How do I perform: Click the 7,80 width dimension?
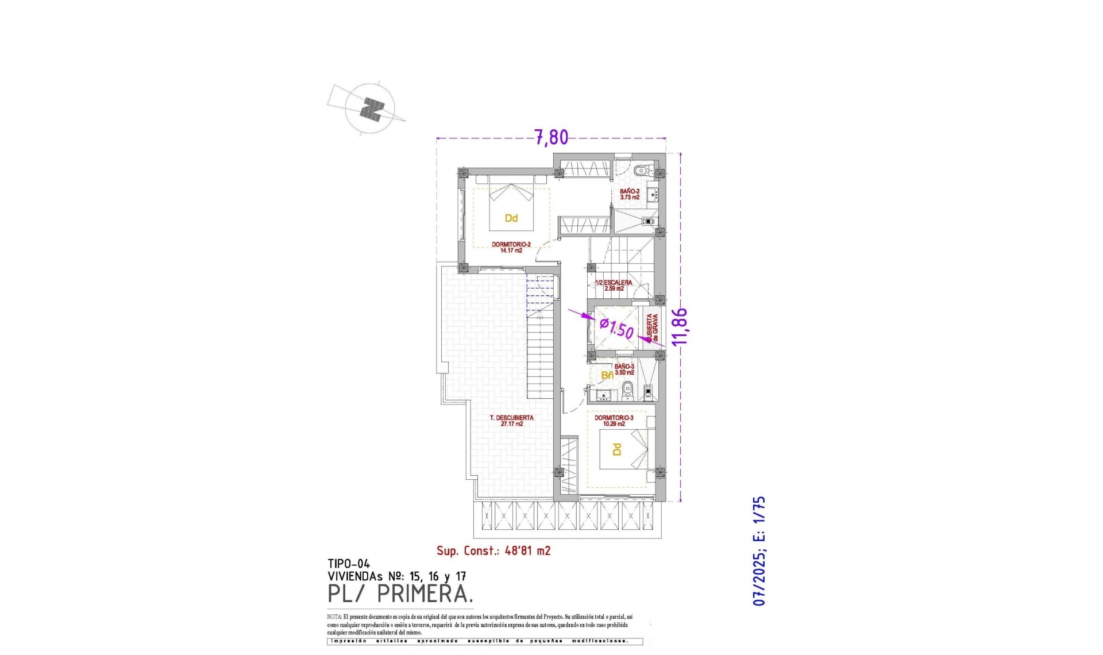[551, 137]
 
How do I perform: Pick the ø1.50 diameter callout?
[616, 328]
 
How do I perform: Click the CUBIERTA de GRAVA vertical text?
[652, 328]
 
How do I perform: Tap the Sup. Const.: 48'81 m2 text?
[493, 551]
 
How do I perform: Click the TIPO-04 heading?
[349, 564]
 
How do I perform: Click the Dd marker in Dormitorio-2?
[511, 218]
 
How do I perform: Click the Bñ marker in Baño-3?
[607, 375]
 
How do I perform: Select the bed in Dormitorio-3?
[623, 449]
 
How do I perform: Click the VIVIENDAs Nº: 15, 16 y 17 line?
[396, 576]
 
